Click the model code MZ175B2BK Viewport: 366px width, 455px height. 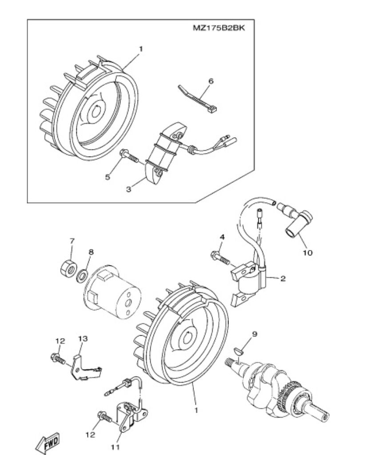pyautogui.click(x=219, y=28)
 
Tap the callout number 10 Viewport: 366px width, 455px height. pyautogui.click(x=308, y=252)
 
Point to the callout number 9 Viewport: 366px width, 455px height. pyautogui.click(x=255, y=333)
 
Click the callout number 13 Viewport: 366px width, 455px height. pyautogui.click(x=84, y=339)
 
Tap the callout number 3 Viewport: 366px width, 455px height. pyautogui.click(x=128, y=189)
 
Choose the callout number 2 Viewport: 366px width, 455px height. pyautogui.click(x=282, y=279)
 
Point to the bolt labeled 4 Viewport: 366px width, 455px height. pyautogui.click(x=218, y=255)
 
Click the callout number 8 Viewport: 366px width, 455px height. pyautogui.click(x=91, y=252)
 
